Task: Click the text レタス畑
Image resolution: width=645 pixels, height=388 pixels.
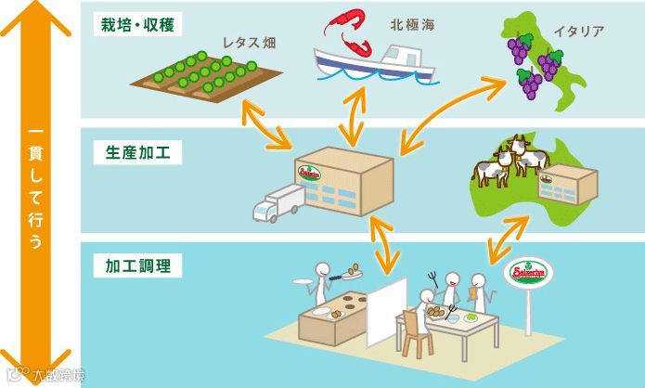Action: [250, 43]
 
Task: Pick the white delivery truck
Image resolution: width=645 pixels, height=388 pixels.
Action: [278, 202]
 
